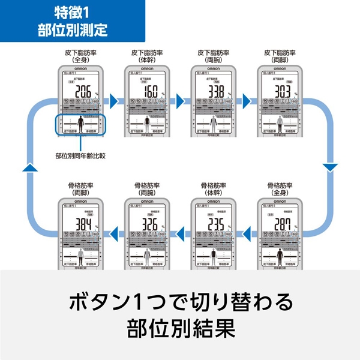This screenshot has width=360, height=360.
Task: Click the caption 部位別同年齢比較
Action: pos(80,155)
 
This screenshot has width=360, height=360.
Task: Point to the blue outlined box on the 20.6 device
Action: pos(80,124)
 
